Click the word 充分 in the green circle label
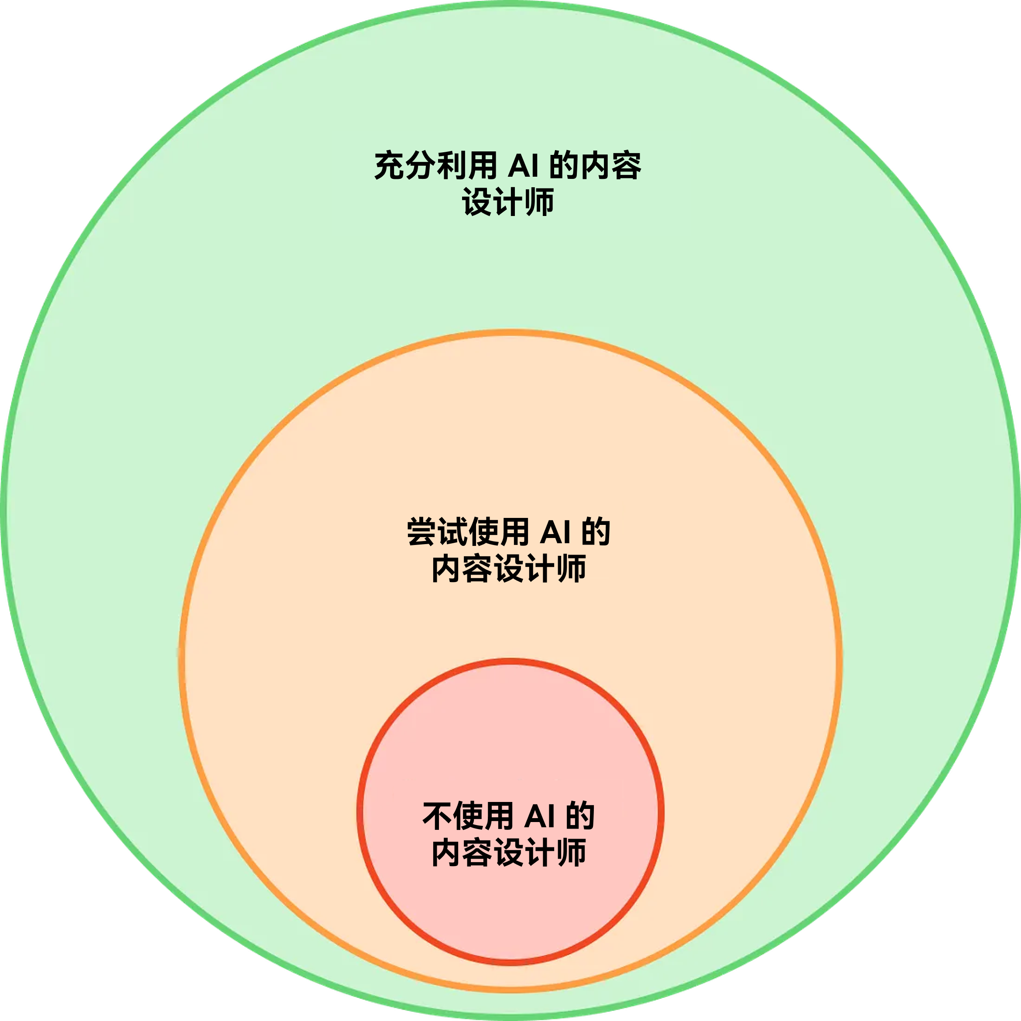(x=405, y=165)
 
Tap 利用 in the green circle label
(x=466, y=165)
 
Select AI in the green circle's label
(x=523, y=166)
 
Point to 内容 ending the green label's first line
(x=611, y=165)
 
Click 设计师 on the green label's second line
(x=508, y=202)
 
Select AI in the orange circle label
(x=555, y=532)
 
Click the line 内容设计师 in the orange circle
(x=509, y=568)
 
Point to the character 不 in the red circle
(x=437, y=816)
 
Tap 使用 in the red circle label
(x=483, y=816)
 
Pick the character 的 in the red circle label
(x=580, y=816)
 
